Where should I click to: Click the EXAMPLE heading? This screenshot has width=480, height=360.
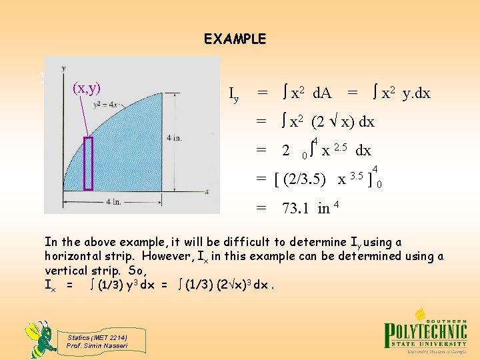point(235,39)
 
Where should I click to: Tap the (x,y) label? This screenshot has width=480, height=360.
point(87,87)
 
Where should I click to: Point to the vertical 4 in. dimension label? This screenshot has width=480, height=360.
point(175,137)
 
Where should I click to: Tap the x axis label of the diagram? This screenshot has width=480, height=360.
point(208,192)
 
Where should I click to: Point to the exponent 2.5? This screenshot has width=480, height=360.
point(341,146)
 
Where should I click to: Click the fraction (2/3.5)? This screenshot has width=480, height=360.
point(305,179)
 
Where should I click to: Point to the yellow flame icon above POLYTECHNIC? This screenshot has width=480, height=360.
point(421,313)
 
